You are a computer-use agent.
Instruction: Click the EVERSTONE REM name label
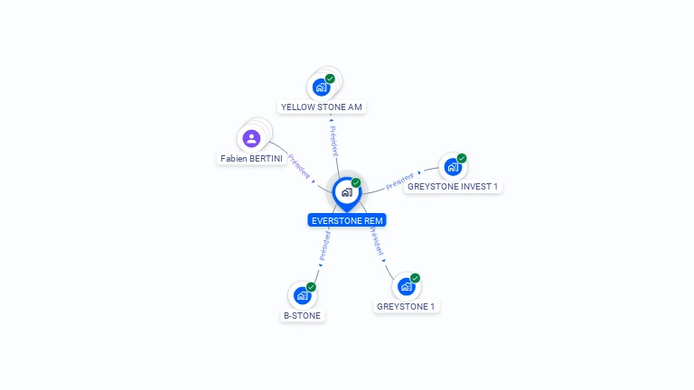tap(347, 220)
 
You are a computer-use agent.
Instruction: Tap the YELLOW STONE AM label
tap(322, 107)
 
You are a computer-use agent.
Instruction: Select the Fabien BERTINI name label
tap(251, 159)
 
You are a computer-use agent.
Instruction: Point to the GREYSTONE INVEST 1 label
tap(453, 187)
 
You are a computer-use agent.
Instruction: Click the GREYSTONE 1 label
tap(406, 307)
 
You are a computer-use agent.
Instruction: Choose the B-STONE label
tap(302, 316)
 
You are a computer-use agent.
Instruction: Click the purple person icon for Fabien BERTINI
tap(251, 138)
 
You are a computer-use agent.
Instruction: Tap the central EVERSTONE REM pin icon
tap(346, 192)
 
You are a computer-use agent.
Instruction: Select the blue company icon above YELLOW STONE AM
tap(320, 88)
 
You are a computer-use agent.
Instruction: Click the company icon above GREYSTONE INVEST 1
tap(452, 167)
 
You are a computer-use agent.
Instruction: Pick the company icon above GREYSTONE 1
tap(406, 286)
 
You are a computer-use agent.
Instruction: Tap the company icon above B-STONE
tap(302, 295)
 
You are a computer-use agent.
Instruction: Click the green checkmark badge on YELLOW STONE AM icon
tap(330, 79)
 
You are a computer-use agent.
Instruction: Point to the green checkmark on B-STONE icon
tap(311, 287)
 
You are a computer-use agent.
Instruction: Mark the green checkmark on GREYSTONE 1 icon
tap(415, 278)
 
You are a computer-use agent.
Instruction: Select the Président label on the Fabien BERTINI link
tap(299, 167)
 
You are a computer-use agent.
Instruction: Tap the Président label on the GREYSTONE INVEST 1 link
tap(399, 181)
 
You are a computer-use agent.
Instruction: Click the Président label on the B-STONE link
tap(324, 245)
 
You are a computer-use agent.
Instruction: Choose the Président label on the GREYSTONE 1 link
tap(375, 242)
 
